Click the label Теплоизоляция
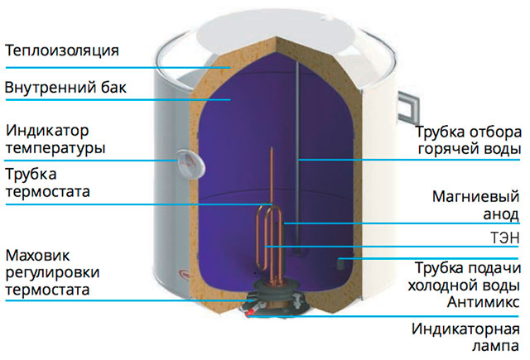[61, 50]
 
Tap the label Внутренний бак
[65, 87]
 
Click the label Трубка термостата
[47, 183]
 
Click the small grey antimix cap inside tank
[340, 264]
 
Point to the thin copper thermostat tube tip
[271, 154]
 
